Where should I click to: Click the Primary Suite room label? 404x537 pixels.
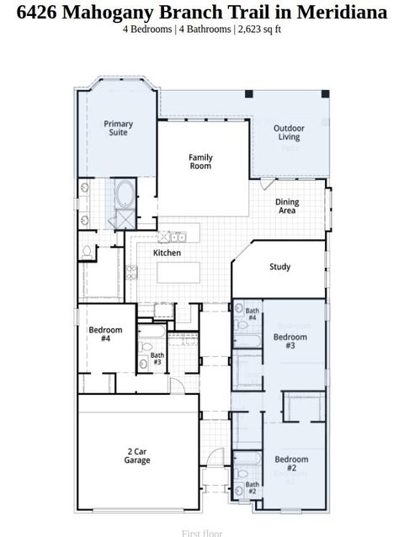[118, 128]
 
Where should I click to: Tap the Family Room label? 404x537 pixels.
[200, 162]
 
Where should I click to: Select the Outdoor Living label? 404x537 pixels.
[290, 132]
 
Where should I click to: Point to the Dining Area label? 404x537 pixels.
[288, 206]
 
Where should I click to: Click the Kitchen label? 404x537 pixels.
[167, 253]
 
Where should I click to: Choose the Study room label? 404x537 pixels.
[280, 267]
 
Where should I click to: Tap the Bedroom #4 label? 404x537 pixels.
[105, 333]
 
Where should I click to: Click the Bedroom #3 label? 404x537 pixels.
[290, 341]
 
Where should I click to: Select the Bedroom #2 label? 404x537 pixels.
[291, 463]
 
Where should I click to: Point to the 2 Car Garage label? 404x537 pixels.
[137, 456]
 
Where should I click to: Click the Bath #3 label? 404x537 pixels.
[157, 359]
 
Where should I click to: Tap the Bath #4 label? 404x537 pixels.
[252, 314]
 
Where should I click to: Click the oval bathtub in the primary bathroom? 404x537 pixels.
[125, 194]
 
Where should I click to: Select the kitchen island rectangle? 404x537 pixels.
[178, 273]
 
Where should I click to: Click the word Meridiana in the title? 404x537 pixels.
[341, 13]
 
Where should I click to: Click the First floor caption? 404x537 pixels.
[202, 532]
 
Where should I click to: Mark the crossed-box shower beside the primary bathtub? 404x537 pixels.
[125, 218]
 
